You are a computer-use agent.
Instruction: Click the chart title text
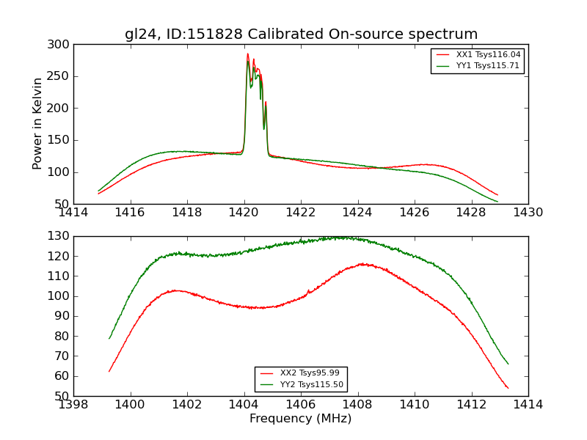click(301, 34)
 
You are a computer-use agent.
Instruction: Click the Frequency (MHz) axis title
click(300, 419)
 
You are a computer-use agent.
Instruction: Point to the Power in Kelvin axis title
click(38, 124)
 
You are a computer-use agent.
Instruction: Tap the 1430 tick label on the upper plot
click(528, 213)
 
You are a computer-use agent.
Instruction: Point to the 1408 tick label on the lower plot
click(357, 404)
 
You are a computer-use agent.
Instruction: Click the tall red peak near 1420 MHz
click(247, 54)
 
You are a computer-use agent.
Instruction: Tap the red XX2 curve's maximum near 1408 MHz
click(362, 263)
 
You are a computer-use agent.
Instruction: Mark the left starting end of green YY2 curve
click(109, 338)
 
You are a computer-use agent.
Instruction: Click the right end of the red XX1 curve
click(497, 195)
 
